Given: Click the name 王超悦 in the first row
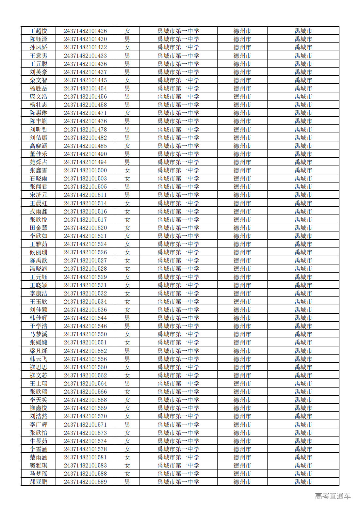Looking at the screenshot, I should point(38,31).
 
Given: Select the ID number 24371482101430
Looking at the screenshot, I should point(85,39).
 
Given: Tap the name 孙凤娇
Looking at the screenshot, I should point(38,47).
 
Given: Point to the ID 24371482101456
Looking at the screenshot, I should point(85,97).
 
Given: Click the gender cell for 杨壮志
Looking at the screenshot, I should point(127,105).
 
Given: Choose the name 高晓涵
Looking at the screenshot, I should point(38,146).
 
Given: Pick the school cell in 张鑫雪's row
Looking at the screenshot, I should point(178,170).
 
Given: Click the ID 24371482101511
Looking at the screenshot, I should point(85,195).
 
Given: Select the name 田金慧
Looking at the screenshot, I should point(38,228).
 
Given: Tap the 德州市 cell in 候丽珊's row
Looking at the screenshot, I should point(242,252).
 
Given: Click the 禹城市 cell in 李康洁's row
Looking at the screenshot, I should point(303,294).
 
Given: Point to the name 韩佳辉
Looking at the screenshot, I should point(38,318).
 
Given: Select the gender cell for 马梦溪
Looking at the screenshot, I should point(127,334).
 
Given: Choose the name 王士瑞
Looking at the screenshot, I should point(38,384).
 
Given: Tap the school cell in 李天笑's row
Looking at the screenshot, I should point(178,400).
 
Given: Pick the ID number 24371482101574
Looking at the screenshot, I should point(85,441).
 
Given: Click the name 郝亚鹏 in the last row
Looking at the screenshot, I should point(38,482).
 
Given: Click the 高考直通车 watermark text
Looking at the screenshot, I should point(333,496).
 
